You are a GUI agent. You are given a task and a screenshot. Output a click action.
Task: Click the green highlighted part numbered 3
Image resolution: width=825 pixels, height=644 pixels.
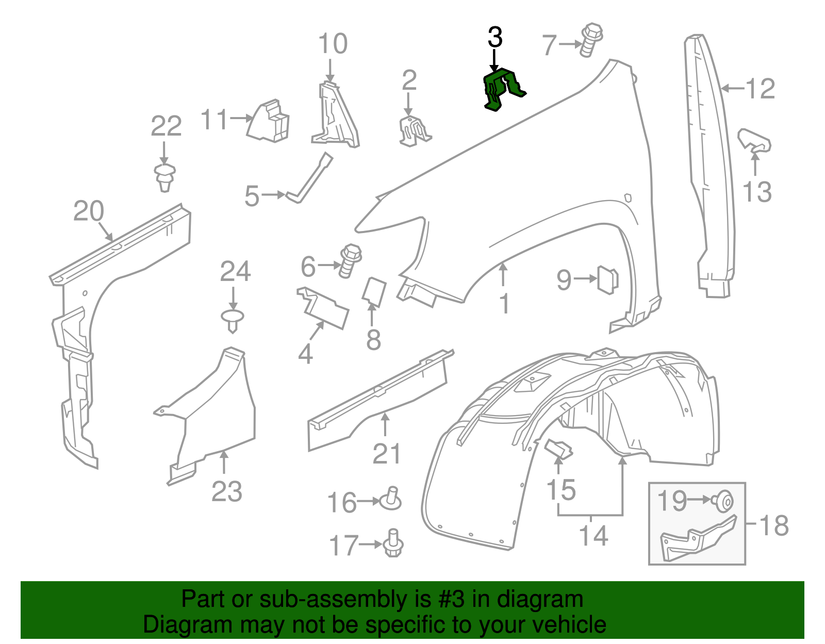(500, 89)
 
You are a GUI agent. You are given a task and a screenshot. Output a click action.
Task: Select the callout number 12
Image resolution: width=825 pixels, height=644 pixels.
(760, 89)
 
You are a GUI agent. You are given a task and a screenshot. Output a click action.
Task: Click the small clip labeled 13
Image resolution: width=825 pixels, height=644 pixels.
(754, 140)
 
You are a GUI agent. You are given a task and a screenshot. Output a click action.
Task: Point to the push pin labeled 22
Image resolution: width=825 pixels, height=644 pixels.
(165, 177)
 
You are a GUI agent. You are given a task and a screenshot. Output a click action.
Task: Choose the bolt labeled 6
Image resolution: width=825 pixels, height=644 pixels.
(350, 260)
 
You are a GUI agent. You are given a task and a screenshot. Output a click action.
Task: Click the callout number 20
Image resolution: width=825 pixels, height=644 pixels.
(89, 211)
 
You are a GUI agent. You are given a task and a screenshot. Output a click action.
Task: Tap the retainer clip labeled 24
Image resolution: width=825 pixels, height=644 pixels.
(233, 320)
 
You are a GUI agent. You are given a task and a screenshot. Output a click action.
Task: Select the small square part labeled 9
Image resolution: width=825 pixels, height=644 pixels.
(607, 279)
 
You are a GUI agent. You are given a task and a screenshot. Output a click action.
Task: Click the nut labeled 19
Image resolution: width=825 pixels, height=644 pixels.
(723, 501)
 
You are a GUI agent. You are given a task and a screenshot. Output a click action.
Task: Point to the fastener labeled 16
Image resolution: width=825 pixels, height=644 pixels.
(391, 499)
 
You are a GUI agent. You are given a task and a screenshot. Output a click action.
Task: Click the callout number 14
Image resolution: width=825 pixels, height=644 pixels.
(593, 536)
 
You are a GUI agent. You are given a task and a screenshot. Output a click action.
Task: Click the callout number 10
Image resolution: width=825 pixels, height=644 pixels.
(333, 44)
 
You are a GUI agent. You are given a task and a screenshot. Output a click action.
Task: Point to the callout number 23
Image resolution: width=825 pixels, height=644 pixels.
(227, 491)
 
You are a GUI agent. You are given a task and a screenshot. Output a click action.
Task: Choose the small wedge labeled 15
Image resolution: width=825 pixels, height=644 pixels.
(558, 449)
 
